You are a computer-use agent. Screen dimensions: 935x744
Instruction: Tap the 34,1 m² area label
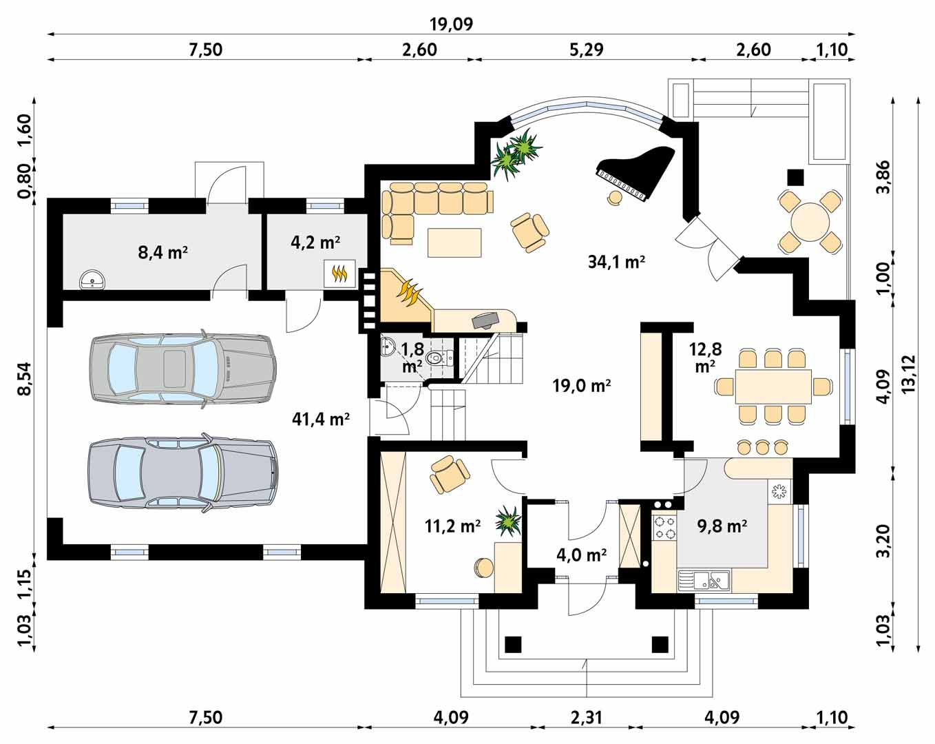616,262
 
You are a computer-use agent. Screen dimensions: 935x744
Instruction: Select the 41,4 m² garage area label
321,419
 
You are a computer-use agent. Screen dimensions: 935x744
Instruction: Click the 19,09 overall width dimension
452,24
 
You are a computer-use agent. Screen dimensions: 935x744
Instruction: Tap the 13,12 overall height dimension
909,373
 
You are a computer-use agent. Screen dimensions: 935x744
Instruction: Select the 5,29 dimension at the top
587,50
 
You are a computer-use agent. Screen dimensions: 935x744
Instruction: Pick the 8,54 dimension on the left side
25,378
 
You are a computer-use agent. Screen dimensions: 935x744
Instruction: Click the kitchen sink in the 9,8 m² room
703,580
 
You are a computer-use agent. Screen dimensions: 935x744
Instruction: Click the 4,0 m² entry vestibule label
581,555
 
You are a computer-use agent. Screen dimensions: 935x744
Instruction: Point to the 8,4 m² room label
163,251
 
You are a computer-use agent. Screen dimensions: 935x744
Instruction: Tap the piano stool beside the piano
615,197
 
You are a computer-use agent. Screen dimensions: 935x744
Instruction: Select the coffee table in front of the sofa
454,242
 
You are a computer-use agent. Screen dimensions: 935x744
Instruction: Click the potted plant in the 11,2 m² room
507,521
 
